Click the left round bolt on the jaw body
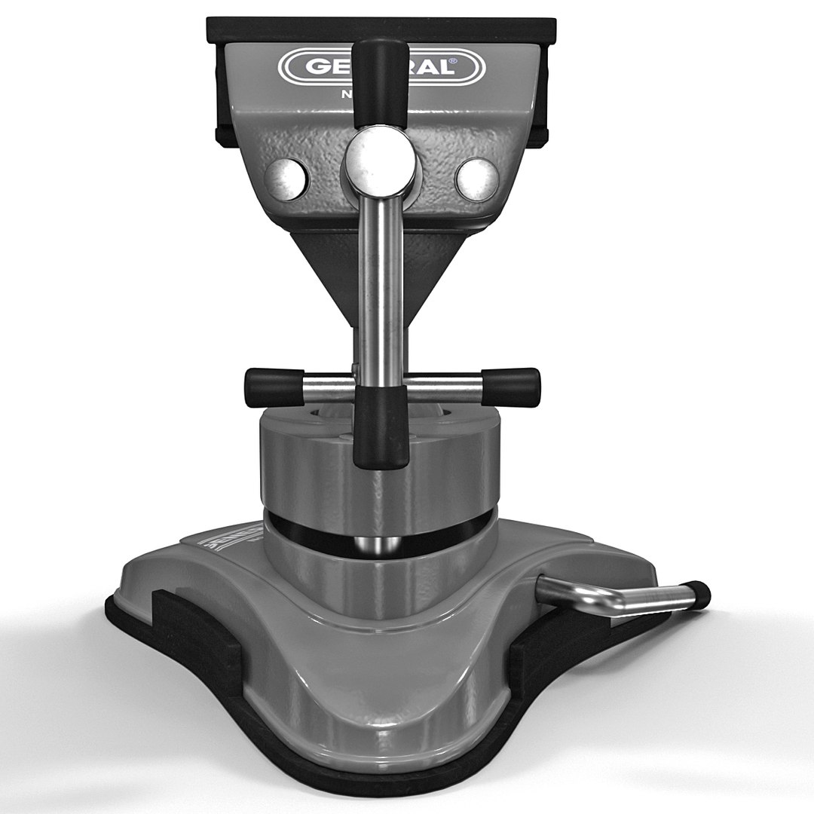point(286,178)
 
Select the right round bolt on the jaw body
point(477,179)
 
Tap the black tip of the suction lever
point(700,595)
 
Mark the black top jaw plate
point(381,29)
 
